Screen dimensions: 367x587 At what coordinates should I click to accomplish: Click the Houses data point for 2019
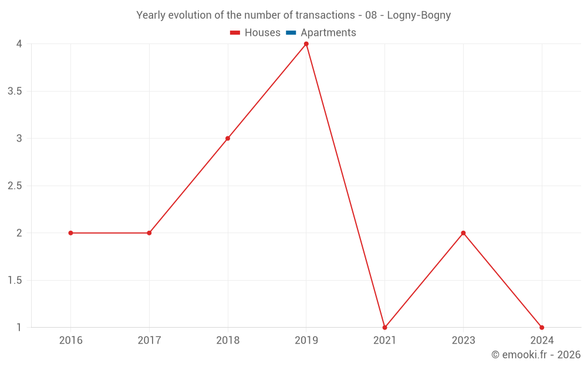tap(306, 44)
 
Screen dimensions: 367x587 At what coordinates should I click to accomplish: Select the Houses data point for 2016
tap(70, 233)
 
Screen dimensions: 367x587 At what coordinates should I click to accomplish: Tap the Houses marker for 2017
tap(149, 233)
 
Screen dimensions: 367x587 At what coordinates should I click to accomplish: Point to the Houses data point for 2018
tap(228, 139)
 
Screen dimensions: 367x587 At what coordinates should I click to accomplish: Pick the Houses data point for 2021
tap(385, 328)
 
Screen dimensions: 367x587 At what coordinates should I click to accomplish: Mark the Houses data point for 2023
tap(463, 233)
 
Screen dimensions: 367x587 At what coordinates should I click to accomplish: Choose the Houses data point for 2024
tap(542, 328)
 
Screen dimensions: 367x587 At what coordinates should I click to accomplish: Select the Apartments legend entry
tap(328, 33)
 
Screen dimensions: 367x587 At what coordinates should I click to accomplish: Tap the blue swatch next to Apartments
tap(291, 33)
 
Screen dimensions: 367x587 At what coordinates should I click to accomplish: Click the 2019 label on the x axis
tap(306, 340)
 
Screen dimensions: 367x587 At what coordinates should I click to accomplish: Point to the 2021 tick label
tap(385, 340)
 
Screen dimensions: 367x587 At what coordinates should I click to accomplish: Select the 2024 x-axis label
tap(542, 340)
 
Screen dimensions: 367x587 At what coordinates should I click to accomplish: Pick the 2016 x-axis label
tap(70, 340)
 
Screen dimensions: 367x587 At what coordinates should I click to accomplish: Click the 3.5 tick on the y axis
tap(15, 92)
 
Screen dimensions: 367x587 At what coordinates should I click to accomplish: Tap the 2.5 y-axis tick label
tap(15, 186)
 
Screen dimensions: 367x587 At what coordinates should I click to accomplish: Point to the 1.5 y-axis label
tap(15, 281)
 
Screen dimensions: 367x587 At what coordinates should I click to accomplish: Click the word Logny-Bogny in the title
tap(421, 15)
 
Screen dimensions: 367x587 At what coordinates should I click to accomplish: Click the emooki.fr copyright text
tap(536, 355)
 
